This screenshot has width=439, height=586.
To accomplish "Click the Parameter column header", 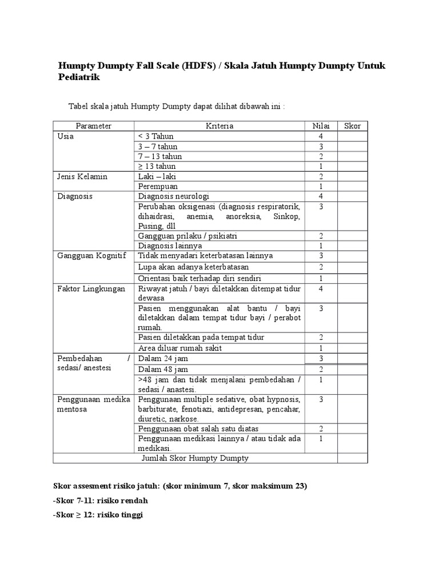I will (93, 126).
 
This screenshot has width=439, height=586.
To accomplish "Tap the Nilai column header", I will (321, 126).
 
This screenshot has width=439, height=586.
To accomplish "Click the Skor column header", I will (353, 126).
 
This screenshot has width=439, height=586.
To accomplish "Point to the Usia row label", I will (66, 136).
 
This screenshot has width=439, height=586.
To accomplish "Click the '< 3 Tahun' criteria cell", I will (155, 136).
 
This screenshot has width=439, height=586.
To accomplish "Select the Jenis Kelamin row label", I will (82, 176).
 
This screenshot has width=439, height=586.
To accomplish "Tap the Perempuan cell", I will (158, 186).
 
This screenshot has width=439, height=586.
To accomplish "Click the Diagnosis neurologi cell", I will (174, 196).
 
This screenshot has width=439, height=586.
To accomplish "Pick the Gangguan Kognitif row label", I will (91, 255).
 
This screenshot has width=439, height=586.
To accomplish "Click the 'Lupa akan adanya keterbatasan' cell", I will (193, 267).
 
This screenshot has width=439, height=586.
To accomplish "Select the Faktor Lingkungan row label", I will (91, 289).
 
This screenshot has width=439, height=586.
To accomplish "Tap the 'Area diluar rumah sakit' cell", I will (180, 348).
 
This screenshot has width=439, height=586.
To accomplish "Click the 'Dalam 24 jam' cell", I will (162, 358).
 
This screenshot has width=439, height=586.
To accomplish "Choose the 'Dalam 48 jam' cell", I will (162, 369).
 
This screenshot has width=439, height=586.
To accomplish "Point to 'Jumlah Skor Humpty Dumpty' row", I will (194, 458).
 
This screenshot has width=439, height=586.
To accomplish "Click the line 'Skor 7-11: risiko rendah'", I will (101, 500).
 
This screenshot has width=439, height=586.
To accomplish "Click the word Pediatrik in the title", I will (79, 77).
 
